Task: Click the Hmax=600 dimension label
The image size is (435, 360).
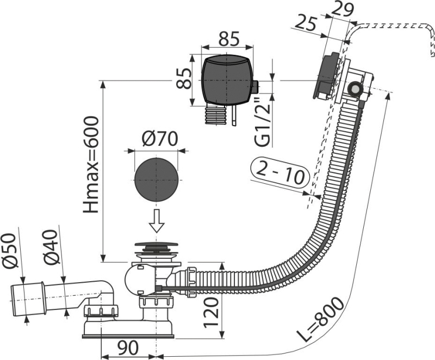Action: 91,165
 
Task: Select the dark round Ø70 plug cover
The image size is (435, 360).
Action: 156,180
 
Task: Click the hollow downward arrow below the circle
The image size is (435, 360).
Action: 157,221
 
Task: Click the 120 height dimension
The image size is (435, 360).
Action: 212,313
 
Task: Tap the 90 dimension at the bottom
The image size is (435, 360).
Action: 128,348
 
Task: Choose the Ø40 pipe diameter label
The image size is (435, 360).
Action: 51,247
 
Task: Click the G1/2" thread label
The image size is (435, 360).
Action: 262,122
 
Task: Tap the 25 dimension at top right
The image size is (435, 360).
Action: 305,23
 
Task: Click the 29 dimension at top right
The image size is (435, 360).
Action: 343,10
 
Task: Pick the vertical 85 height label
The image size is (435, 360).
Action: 184,78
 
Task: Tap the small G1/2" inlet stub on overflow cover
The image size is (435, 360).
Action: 255,87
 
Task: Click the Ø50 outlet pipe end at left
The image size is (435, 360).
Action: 28,299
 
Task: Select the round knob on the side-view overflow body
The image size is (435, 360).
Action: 355,89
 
